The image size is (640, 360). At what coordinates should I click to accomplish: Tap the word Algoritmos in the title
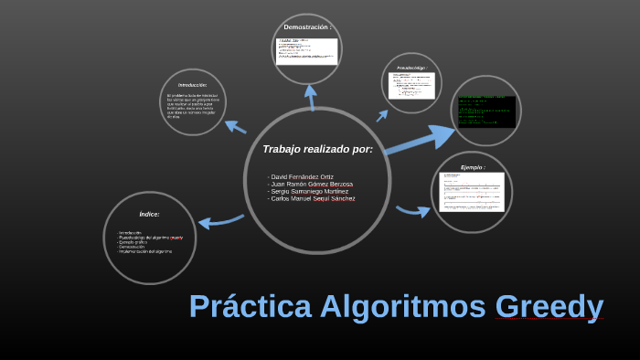(402, 307)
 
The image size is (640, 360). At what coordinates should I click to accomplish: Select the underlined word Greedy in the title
(549, 307)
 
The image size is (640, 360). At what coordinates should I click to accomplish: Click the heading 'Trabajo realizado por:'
(317, 149)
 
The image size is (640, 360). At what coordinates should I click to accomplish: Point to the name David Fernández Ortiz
(302, 176)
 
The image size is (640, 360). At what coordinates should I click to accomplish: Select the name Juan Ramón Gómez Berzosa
(311, 184)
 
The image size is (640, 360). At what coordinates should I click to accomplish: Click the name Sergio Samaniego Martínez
(309, 191)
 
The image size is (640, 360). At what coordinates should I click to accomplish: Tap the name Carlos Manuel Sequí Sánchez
(313, 198)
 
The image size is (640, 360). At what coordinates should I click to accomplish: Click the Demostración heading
(306, 27)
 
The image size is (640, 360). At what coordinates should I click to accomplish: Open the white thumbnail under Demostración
(307, 50)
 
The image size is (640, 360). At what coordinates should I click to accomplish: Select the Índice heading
(149, 214)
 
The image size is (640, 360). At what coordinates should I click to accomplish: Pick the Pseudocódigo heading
(411, 69)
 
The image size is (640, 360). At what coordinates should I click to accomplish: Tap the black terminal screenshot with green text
(486, 111)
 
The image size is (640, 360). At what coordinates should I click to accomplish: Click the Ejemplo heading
(472, 168)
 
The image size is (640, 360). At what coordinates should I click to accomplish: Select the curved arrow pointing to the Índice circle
(219, 220)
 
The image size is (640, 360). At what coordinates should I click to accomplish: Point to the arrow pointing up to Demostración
(311, 97)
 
